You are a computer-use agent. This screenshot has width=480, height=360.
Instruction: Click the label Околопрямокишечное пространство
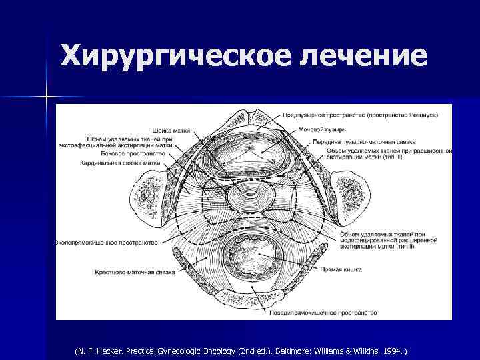pos(107,243)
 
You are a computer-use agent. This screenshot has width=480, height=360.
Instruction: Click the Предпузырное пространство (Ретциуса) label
pos(359,115)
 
